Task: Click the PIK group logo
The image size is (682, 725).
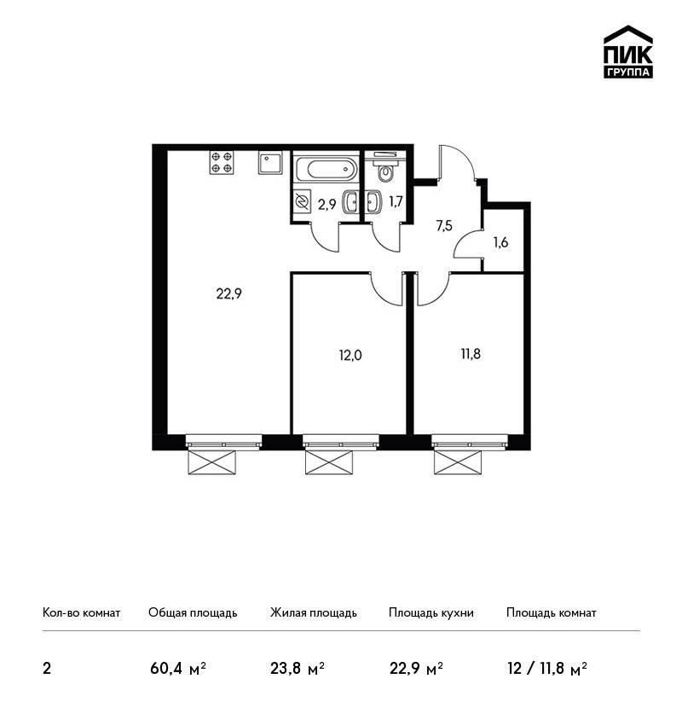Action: pos(628,52)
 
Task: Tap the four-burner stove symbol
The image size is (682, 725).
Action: pos(222,162)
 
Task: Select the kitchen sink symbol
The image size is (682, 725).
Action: pos(270,163)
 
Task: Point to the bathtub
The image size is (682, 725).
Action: pos(326,169)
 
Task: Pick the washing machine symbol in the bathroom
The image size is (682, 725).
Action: pos(302,202)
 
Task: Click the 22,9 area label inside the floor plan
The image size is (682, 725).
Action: pos(228,293)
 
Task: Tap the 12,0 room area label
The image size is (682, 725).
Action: pos(350,355)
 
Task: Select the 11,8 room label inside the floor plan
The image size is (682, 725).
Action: pos(471,354)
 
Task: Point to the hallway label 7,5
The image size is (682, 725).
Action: pos(444,226)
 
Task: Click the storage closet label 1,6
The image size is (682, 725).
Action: pos(501,242)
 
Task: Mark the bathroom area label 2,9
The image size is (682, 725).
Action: pos(327,205)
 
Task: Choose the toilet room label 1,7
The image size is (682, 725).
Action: pos(396,201)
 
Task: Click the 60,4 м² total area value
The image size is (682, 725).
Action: pos(178,669)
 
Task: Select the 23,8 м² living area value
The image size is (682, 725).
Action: pos(298,669)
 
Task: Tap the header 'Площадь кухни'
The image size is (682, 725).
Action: pos(431,613)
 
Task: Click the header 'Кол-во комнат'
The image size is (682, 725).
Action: pos(81,612)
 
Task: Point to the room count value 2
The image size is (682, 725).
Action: pos(47,669)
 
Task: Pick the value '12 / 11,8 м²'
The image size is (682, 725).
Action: pos(546,669)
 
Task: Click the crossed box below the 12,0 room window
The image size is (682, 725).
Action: pos(329,462)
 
